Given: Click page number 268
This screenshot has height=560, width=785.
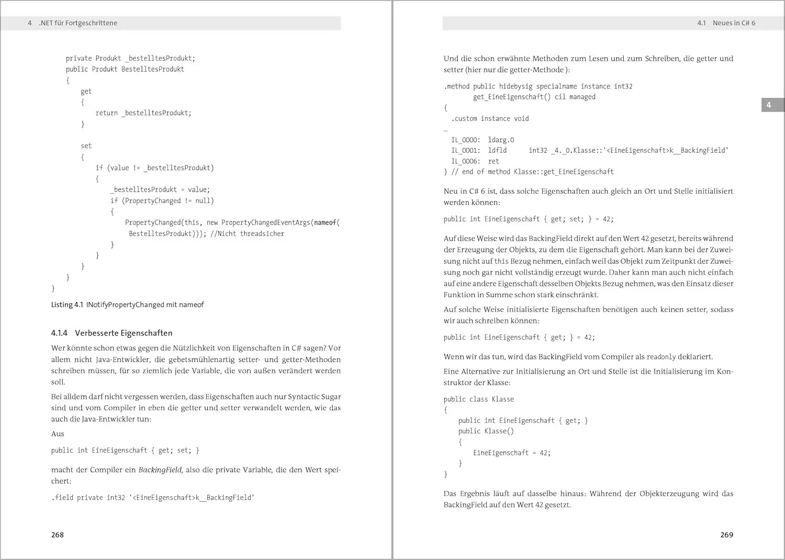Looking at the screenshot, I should [x=58, y=535].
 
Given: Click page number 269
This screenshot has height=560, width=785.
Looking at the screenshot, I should [x=726, y=535].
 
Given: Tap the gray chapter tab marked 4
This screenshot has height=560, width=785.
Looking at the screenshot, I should [x=769, y=105].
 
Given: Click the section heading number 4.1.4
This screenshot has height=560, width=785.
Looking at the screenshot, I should [x=59, y=333].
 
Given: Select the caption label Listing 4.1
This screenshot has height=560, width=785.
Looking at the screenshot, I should [x=67, y=305].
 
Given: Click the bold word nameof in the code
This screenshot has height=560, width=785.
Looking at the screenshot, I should [x=325, y=222].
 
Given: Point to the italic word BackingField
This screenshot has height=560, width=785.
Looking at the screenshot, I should [x=160, y=470].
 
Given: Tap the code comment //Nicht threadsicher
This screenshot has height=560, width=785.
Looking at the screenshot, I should [x=248, y=233].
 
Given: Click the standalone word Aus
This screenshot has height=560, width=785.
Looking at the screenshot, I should [x=58, y=434].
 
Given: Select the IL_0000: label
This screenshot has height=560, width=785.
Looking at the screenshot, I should [x=465, y=140].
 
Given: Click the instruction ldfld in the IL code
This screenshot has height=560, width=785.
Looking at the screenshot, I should [x=497, y=150].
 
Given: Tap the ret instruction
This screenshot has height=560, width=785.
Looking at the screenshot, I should [x=494, y=161].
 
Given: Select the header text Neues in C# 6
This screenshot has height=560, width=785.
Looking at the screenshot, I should [x=734, y=23].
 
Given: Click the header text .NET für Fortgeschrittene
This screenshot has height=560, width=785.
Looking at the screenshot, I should [x=78, y=23].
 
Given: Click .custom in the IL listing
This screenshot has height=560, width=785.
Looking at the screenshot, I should [x=464, y=119].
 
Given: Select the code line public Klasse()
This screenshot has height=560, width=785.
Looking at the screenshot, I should [x=486, y=431].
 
